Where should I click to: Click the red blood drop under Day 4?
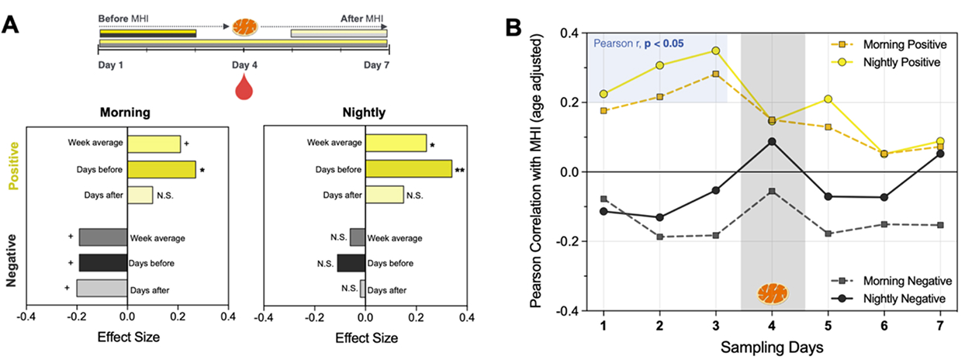[x=244, y=86]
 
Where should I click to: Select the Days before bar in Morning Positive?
[x=161, y=169]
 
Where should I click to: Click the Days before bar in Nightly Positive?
[x=408, y=169]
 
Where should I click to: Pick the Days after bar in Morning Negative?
[x=102, y=288]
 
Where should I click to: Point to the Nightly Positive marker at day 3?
[x=716, y=50]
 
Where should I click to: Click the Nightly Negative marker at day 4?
[x=772, y=141]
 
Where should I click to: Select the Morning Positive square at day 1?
[x=604, y=111]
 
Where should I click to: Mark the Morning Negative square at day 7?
[x=939, y=225]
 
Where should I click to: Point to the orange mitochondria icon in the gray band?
[x=772, y=293]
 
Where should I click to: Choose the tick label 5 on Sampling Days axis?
[x=828, y=323]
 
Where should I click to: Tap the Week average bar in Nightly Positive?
[x=396, y=143]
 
